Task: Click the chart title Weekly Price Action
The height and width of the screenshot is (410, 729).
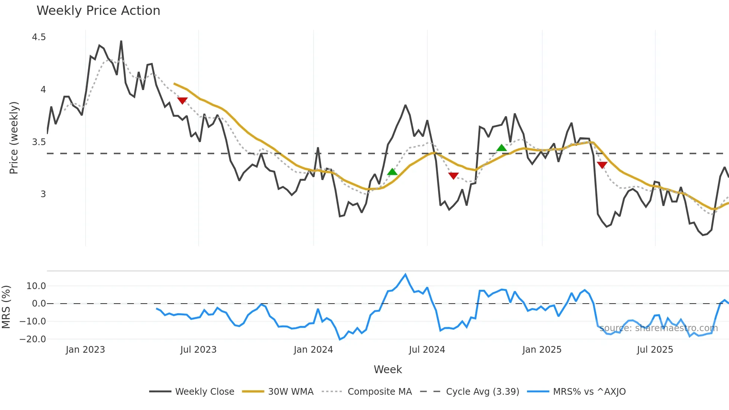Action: point(98,11)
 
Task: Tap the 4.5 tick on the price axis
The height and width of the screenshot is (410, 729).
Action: point(39,37)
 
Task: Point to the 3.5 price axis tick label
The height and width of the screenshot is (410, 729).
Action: point(39,142)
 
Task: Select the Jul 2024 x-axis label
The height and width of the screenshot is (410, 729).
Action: point(427,350)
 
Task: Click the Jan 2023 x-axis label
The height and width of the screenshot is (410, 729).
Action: point(85,350)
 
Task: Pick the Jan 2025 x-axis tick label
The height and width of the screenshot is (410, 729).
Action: point(542,350)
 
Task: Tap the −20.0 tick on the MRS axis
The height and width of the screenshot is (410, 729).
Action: point(33,339)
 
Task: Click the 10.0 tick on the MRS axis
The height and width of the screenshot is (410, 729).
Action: point(36,286)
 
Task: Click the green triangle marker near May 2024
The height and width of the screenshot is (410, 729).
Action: point(392,172)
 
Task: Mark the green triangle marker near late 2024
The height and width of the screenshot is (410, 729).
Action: point(501,148)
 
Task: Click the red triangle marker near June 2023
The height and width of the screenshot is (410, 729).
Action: point(182,100)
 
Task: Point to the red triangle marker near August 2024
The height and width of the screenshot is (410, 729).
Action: point(453,176)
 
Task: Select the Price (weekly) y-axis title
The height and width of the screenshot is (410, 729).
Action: point(14,138)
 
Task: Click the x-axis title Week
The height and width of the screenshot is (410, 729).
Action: point(388,369)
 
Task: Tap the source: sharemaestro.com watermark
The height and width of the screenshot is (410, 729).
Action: point(658,328)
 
